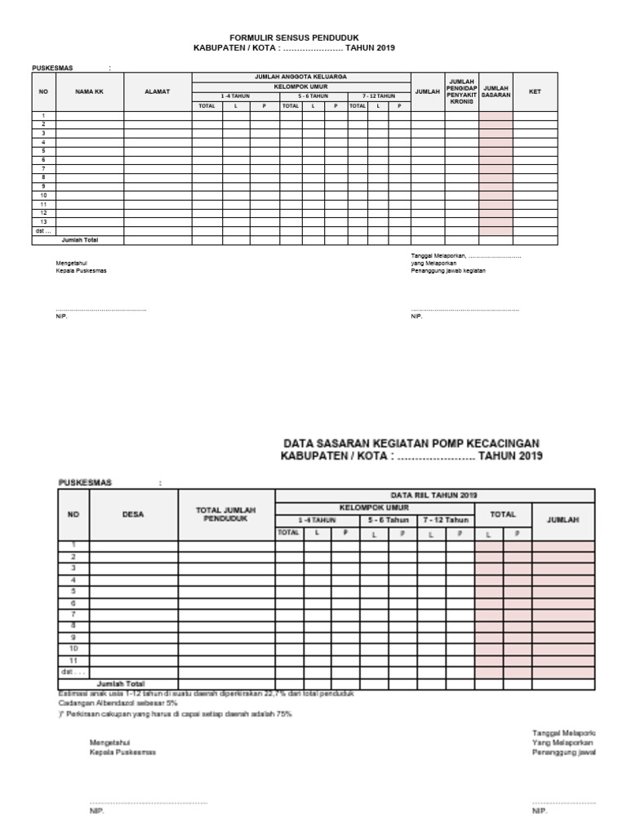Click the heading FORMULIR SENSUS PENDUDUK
click(x=293, y=38)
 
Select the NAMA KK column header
click(x=89, y=91)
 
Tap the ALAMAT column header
click(x=157, y=91)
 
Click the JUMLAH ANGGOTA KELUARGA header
click(x=300, y=76)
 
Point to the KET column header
click(x=535, y=91)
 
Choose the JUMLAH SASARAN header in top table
click(x=496, y=91)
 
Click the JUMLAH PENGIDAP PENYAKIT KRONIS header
click(x=461, y=91)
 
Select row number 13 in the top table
click(x=44, y=222)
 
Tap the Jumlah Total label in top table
click(x=80, y=240)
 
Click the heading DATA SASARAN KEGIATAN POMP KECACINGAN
click(x=411, y=442)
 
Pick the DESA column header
click(x=133, y=514)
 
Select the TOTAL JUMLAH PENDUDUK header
click(x=226, y=514)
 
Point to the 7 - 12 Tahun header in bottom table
click(x=445, y=520)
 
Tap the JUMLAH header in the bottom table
click(x=563, y=520)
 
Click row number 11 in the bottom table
click(x=73, y=659)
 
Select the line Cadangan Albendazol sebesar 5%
click(x=118, y=702)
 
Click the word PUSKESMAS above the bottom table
click(x=85, y=482)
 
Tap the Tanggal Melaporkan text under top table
click(x=465, y=256)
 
